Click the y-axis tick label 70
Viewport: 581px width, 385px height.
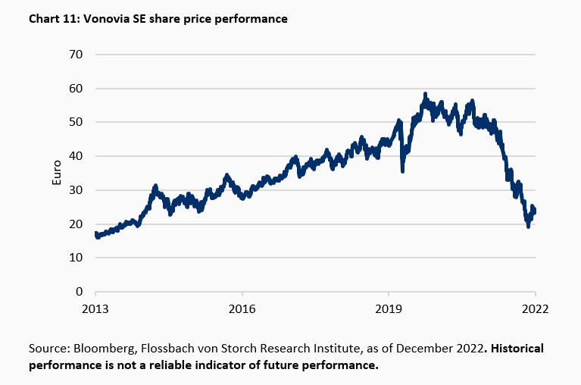[x=77, y=55]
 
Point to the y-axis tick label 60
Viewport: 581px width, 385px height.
[x=77, y=89]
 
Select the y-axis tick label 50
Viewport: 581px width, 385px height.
[x=77, y=122]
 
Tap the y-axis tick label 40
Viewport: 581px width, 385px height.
[x=77, y=156]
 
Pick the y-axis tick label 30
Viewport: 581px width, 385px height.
[x=77, y=190]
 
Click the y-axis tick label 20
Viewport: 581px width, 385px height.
[x=77, y=224]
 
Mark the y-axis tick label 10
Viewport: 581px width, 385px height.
[x=77, y=258]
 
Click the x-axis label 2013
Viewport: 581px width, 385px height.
[x=95, y=308]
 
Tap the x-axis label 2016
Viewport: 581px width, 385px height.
[x=242, y=308]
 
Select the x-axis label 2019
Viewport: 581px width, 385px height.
[x=389, y=308]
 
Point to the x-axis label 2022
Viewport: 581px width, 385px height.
[x=534, y=308]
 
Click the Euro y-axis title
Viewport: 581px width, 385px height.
[x=56, y=173]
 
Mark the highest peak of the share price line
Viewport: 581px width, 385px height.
[x=425, y=94]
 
